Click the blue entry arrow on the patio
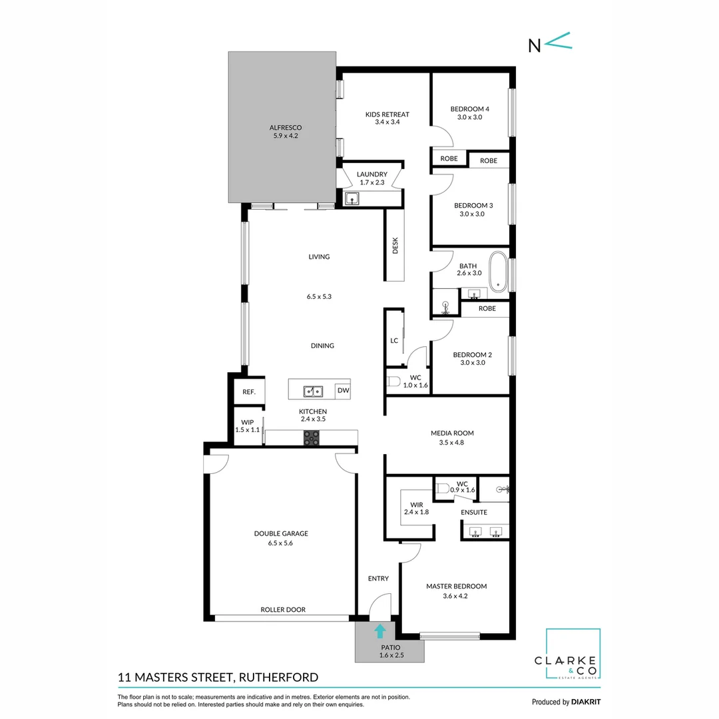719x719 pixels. pyautogui.click(x=379, y=631)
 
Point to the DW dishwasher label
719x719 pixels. pyautogui.click(x=343, y=390)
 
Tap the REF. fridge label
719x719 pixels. pyautogui.click(x=249, y=392)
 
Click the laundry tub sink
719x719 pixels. pyautogui.click(x=352, y=198)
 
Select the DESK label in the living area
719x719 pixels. pyautogui.click(x=395, y=246)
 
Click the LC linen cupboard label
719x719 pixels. pyautogui.click(x=394, y=340)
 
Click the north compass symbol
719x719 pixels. pyautogui.click(x=550, y=43)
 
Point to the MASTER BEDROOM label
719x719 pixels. pyautogui.click(x=456, y=587)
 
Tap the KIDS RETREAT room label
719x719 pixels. pyautogui.click(x=387, y=115)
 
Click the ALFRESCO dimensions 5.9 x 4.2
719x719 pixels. pyautogui.click(x=286, y=136)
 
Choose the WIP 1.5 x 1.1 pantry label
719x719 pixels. pyautogui.click(x=248, y=426)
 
